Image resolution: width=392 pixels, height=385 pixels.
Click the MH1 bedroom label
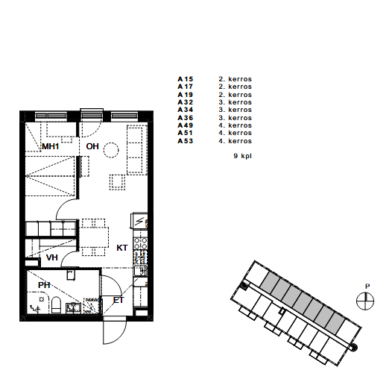51,146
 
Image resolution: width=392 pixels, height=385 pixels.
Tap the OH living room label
92,146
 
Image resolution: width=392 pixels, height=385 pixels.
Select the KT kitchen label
122,248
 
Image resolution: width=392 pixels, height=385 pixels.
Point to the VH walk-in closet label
52,257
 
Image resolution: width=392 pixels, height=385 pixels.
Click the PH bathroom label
44,285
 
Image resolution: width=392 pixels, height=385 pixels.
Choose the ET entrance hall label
118,300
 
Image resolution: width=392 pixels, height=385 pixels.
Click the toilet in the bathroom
56,305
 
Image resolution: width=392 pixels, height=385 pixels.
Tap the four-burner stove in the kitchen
141,243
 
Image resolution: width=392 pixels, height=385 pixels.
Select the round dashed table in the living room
111,150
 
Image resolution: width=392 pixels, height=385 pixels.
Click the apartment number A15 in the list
186,79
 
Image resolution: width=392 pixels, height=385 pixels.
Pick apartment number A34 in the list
186,110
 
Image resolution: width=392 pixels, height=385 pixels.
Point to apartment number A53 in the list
186,141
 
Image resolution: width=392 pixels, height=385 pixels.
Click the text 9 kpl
242,156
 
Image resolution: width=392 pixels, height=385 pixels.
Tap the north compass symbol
365,301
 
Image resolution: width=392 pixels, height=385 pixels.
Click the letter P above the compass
367,287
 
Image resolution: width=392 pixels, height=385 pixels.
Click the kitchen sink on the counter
140,271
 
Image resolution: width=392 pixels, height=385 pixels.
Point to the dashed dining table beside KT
94,237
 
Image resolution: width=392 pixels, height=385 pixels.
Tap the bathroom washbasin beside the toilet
73,308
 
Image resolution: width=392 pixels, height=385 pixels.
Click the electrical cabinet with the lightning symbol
139,221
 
